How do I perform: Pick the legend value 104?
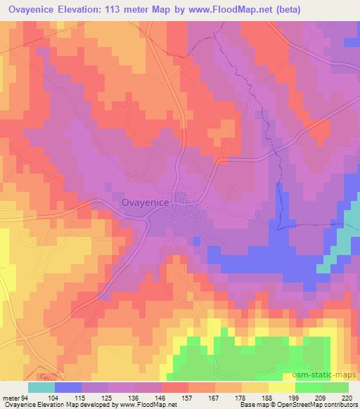point(53,398)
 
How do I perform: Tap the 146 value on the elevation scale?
point(161,398)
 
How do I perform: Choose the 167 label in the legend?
point(214,398)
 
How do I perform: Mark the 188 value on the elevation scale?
point(268,398)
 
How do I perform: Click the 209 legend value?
point(321,398)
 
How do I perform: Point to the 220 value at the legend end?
point(348,398)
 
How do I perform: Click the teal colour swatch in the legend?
point(41,387)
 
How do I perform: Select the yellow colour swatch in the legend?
point(282,387)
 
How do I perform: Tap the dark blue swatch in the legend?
point(67,387)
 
